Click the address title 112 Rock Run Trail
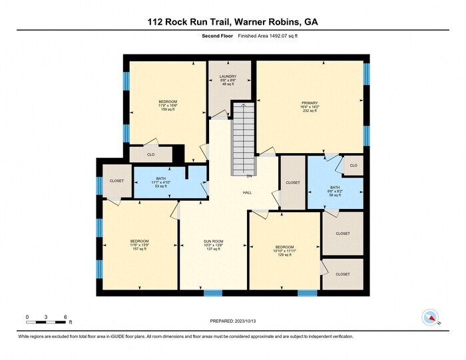[232, 22]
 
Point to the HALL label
[246, 193]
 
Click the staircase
[243, 138]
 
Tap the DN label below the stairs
[249, 176]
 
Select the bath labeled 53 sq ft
[160, 182]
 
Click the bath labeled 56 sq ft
[334, 192]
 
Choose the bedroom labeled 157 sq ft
[139, 244]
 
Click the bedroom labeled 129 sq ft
[284, 251]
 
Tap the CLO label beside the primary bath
[353, 166]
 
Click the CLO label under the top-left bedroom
[150, 154]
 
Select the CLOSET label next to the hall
[292, 182]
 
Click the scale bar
[46, 322]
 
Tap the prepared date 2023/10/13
[232, 321]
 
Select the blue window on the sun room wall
[212, 293]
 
